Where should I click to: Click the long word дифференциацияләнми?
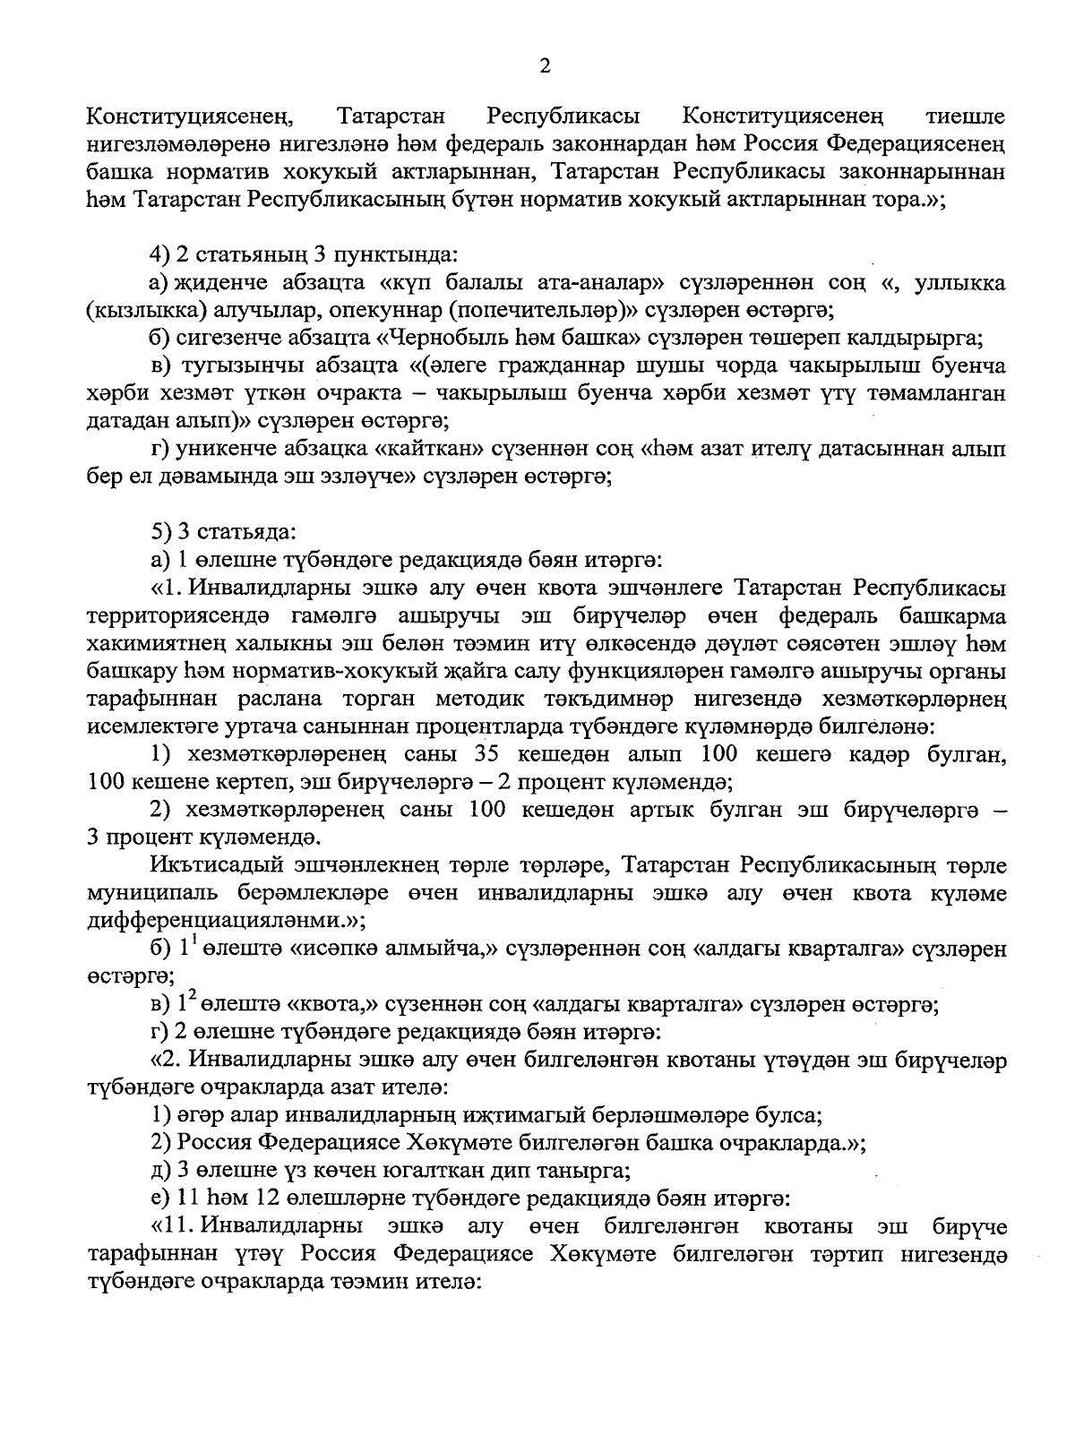coord(224,921)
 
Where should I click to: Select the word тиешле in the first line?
coord(962,116)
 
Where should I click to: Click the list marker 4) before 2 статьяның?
coord(161,255)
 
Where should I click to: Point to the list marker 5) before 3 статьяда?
coord(161,532)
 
